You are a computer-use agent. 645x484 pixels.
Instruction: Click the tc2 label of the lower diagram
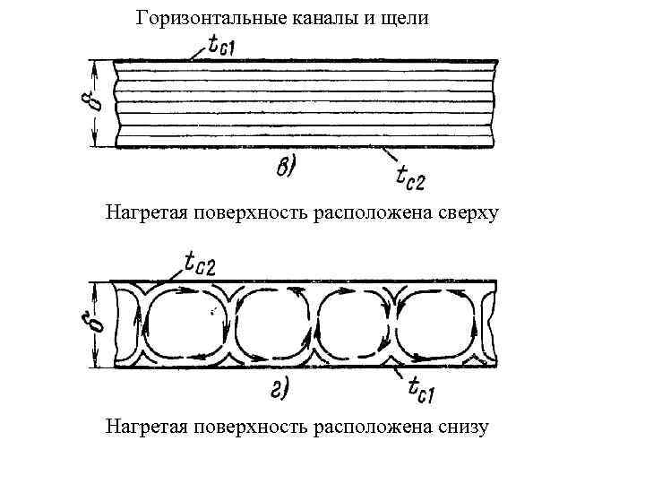point(206,263)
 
